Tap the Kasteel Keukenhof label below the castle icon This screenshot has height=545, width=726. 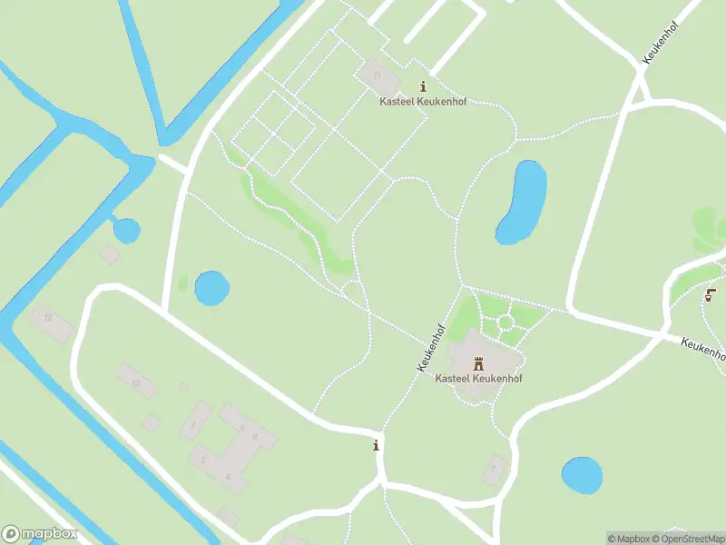point(479,378)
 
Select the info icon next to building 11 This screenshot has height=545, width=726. point(423,87)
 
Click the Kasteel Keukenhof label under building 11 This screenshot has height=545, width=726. point(423,102)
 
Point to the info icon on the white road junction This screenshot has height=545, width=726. point(376,445)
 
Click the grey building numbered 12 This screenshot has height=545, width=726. point(50,322)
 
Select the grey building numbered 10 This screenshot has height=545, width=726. point(136,381)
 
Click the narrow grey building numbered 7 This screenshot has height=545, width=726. point(194,421)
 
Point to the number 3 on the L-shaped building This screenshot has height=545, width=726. point(203,460)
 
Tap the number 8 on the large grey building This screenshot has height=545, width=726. point(255,437)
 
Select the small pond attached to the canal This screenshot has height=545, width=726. point(126,231)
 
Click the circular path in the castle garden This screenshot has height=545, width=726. point(505,322)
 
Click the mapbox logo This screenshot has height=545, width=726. point(40,534)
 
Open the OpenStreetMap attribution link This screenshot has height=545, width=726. point(686,539)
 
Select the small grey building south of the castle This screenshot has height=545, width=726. point(494,469)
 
